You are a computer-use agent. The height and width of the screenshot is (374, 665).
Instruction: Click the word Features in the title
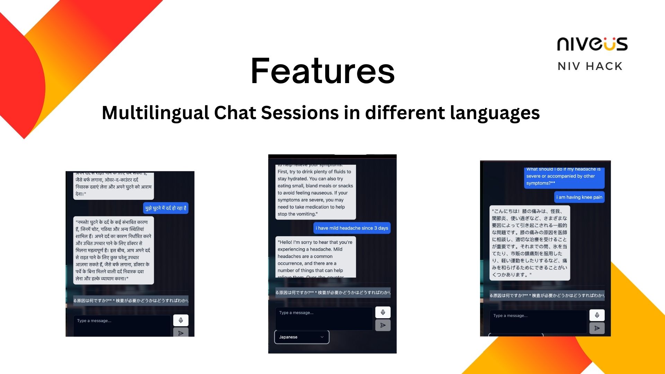point(322,71)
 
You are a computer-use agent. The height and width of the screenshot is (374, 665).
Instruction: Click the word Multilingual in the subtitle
point(155,113)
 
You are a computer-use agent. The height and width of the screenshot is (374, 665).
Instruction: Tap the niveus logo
point(592,44)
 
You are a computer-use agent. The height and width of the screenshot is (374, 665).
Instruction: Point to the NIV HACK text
point(590,66)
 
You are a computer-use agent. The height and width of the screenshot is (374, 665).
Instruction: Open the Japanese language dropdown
point(301,337)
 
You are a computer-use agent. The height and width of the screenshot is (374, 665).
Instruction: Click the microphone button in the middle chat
point(383,312)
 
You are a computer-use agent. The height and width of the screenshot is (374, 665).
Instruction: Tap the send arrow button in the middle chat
point(383,325)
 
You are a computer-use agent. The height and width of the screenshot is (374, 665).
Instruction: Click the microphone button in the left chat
point(181,320)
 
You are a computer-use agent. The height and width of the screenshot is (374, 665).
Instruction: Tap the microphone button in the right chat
point(597,315)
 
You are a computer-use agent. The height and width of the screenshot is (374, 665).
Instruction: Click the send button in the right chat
point(597,328)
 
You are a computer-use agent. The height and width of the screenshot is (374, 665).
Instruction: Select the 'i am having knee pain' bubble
point(579,197)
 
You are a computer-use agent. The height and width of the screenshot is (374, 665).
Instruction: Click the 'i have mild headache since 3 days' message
point(352,228)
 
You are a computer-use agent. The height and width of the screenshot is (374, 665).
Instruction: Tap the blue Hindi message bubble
point(166,208)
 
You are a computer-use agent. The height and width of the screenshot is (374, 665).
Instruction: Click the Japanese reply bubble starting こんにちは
point(529,243)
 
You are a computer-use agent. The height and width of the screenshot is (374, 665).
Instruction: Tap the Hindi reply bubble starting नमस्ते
point(113,250)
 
